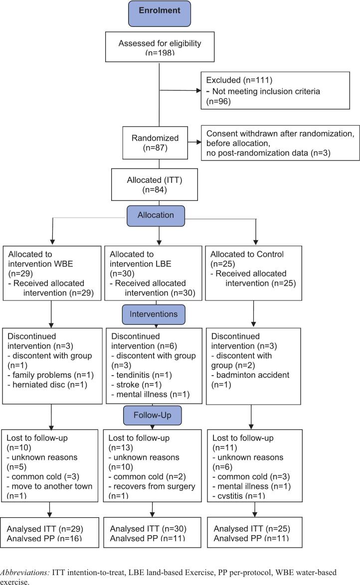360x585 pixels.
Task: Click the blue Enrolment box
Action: [160, 13]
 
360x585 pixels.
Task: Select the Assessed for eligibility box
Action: [160, 47]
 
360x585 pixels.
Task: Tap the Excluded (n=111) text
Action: [239, 80]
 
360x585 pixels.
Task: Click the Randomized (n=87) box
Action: [155, 143]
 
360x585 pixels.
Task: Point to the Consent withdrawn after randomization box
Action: [280, 143]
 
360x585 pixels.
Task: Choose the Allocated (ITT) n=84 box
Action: [154, 185]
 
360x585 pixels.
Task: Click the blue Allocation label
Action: [156, 216]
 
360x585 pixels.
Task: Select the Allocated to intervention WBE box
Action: [52, 273]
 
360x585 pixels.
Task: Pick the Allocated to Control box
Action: [254, 273]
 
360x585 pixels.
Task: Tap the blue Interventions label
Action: [154, 314]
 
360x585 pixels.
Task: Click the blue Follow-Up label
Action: [153, 415]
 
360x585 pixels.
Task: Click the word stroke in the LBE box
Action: [128, 385]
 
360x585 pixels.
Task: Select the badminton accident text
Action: [253, 375]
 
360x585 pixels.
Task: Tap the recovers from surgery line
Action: [152, 486]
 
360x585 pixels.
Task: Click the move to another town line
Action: [49, 486]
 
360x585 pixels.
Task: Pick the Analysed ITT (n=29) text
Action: [45, 529]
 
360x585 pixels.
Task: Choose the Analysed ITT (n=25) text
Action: [252, 529]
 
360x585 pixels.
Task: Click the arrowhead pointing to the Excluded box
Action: [198, 90]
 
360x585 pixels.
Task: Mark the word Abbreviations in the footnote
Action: [24, 573]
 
